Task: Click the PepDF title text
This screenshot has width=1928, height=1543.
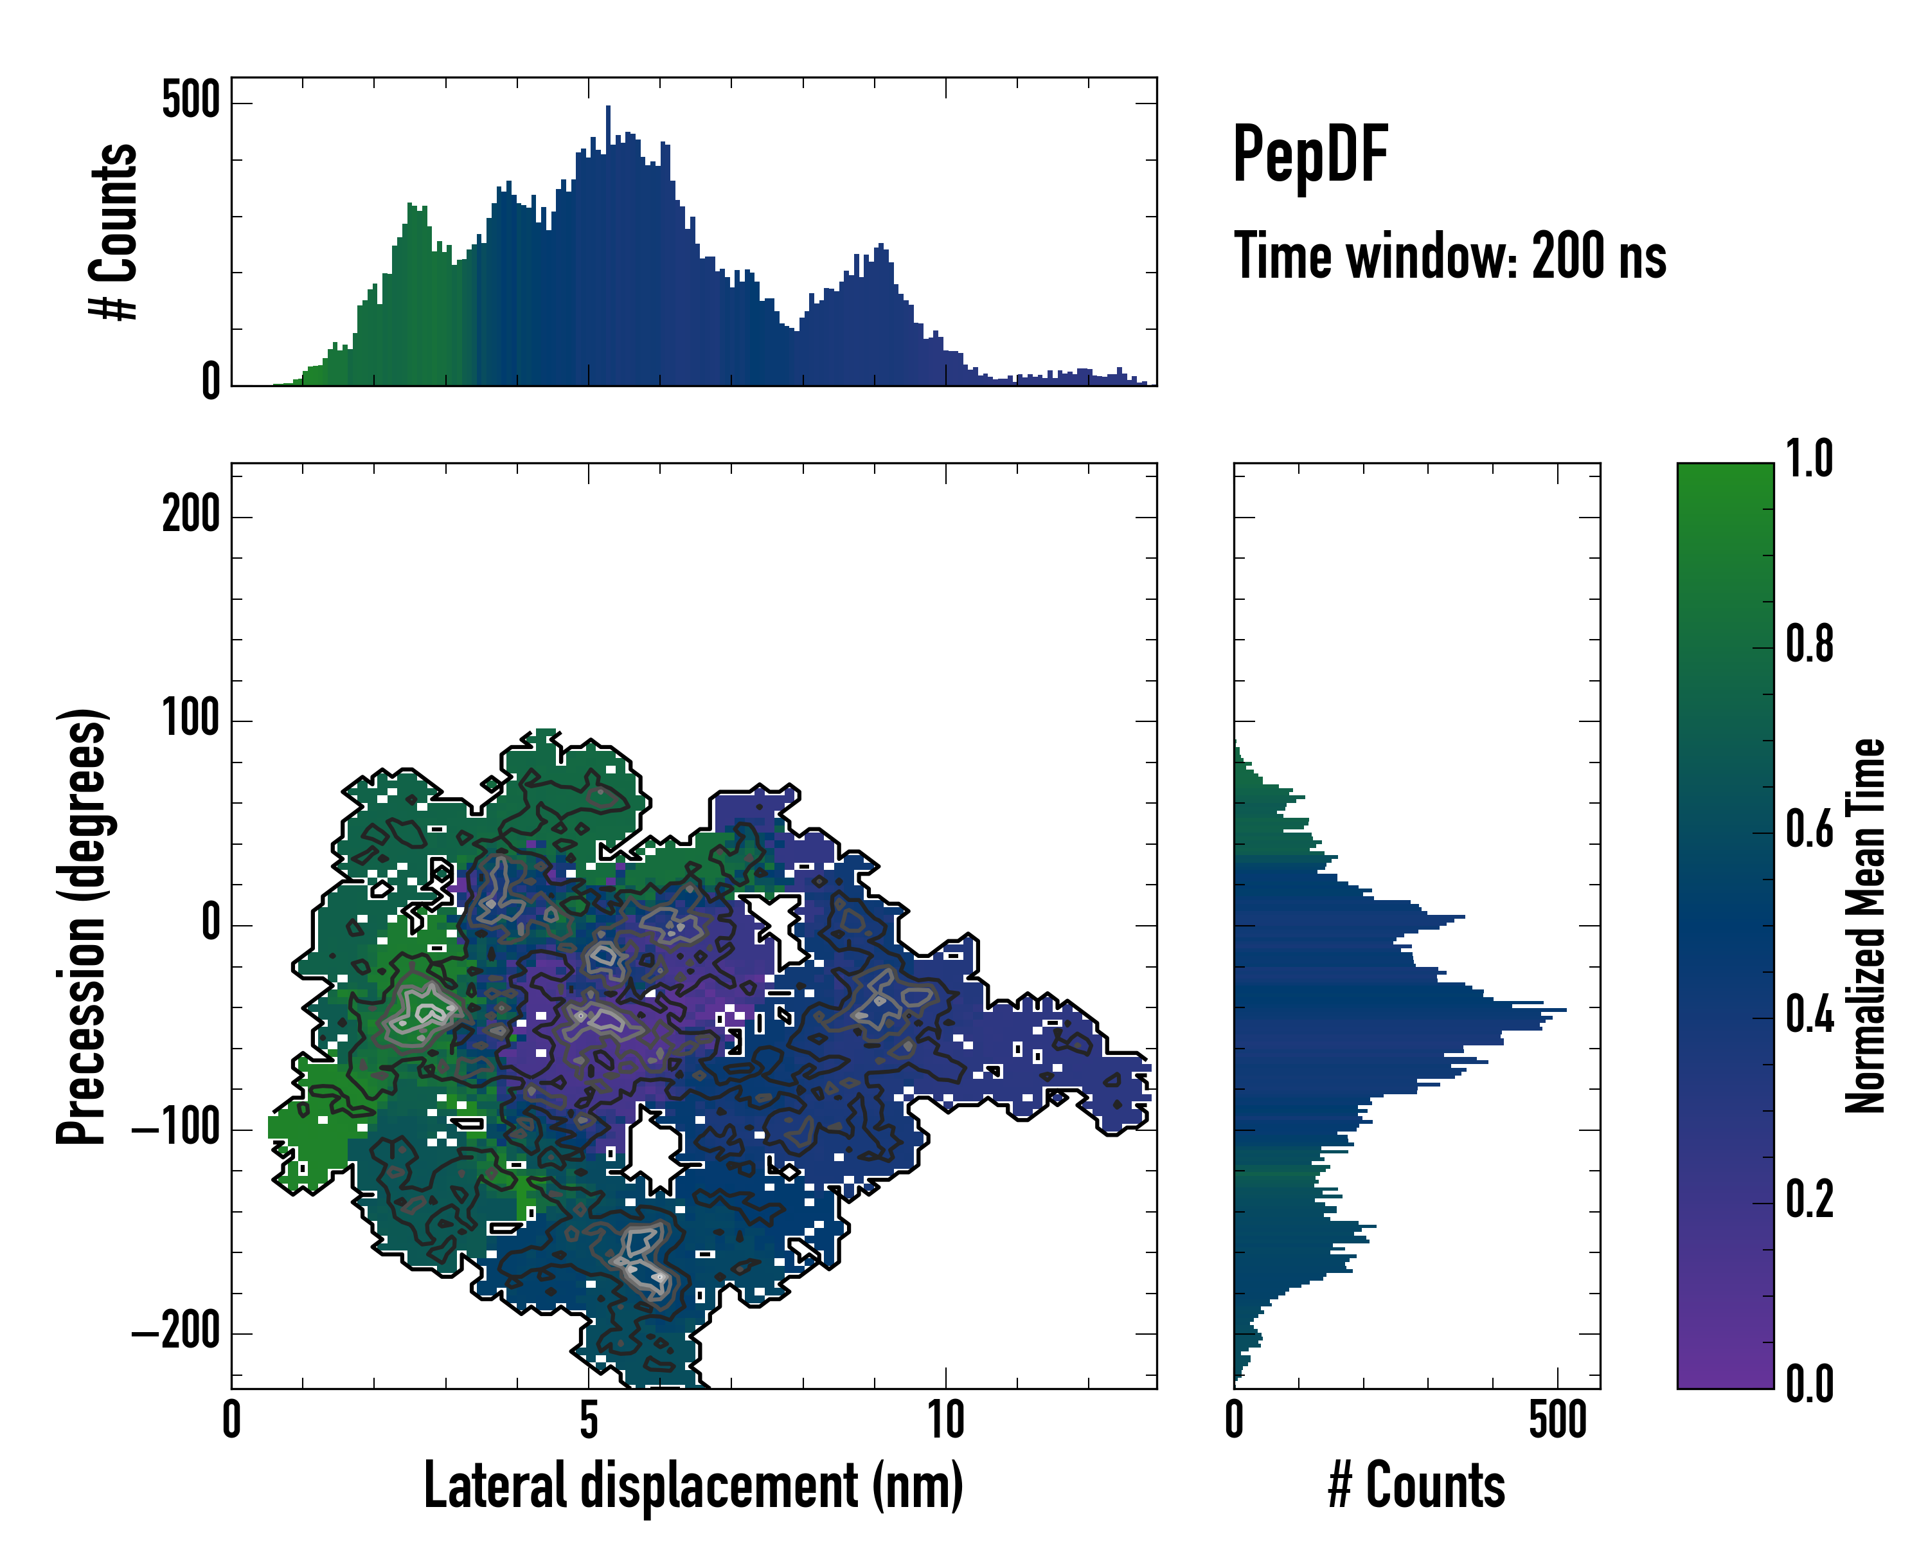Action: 1309,155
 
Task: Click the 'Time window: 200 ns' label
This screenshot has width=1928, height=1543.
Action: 1450,257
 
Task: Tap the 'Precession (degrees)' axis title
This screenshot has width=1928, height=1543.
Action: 82,926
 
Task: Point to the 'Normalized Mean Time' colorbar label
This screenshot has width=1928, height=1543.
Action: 1866,926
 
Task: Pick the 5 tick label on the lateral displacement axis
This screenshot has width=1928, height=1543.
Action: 589,1420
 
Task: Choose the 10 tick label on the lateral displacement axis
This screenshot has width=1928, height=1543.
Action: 945,1420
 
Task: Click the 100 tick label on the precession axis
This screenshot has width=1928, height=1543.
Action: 190,719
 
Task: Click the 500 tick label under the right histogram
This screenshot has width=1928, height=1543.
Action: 1558,1420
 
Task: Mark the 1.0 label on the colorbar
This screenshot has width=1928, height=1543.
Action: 1809,459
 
